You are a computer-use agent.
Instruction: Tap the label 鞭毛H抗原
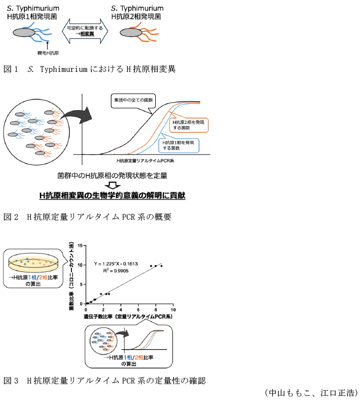pos(49,52)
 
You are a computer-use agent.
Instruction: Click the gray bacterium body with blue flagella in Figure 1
pos(23,33)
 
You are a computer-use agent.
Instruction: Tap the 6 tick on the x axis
pos(138,310)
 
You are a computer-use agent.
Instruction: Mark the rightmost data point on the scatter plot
pos(161,266)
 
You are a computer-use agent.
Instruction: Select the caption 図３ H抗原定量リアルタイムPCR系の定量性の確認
pos(104,381)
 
